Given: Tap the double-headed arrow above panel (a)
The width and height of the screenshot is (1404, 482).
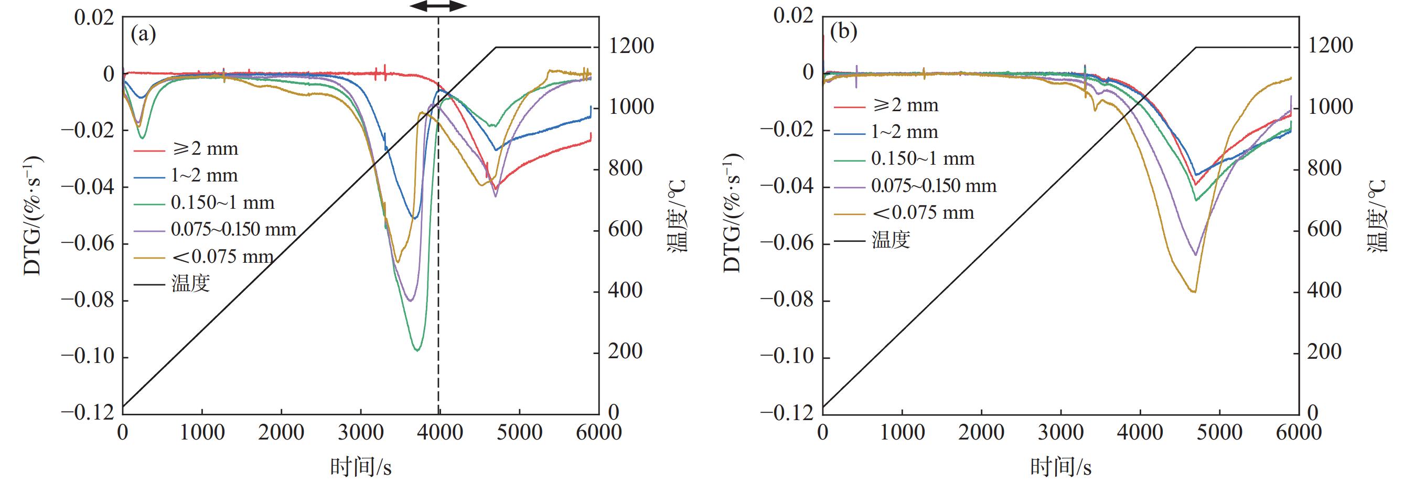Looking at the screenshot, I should pyautogui.click(x=438, y=6).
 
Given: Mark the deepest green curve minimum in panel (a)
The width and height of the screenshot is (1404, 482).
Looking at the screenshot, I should pyautogui.click(x=417, y=349).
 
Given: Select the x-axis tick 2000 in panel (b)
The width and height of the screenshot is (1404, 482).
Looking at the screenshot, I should pyautogui.click(x=982, y=432).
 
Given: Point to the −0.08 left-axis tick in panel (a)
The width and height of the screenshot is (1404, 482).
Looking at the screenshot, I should pyautogui.click(x=88, y=300).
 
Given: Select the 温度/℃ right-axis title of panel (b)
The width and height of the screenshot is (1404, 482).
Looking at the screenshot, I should pyautogui.click(x=1377, y=216).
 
